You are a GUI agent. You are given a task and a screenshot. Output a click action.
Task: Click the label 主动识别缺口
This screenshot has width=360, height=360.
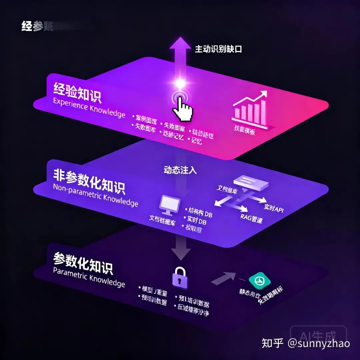218,49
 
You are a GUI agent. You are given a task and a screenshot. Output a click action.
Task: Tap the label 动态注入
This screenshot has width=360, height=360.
180,170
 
